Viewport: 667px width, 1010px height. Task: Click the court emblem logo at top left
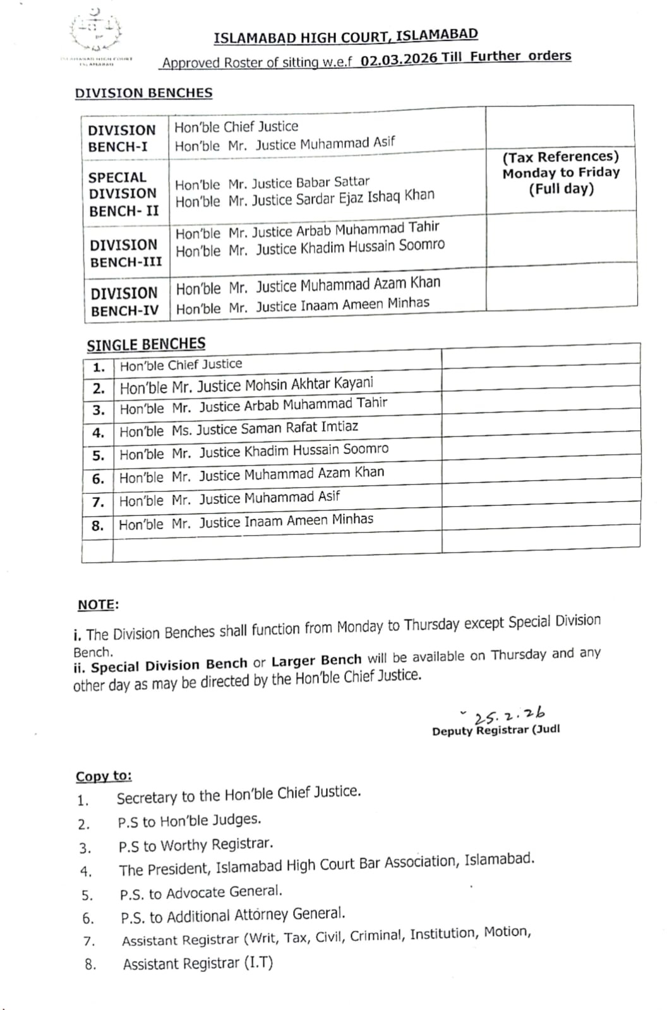pos(96,35)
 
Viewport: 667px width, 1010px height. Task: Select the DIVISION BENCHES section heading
pos(143,93)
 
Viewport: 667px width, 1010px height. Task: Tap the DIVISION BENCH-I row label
pos(121,138)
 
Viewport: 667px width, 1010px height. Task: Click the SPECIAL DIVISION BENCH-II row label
pos(123,194)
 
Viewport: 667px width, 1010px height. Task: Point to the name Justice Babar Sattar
pos(272,183)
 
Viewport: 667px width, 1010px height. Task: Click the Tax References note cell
pos(561,172)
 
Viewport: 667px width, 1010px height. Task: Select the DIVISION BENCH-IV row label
pos(124,302)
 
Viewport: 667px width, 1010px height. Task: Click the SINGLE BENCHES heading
pos(146,345)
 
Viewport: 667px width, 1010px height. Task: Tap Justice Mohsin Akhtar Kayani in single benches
pos(246,385)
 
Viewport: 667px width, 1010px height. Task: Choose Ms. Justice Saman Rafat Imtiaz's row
pos(239,429)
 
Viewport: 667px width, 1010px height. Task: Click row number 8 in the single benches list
pos(97,525)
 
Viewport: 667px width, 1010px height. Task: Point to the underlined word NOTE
pos(97,605)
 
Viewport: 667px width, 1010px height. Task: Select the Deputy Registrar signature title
pos(495,730)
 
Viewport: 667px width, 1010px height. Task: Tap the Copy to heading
pos(104,776)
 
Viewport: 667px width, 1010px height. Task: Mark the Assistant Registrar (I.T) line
pos(198,963)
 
